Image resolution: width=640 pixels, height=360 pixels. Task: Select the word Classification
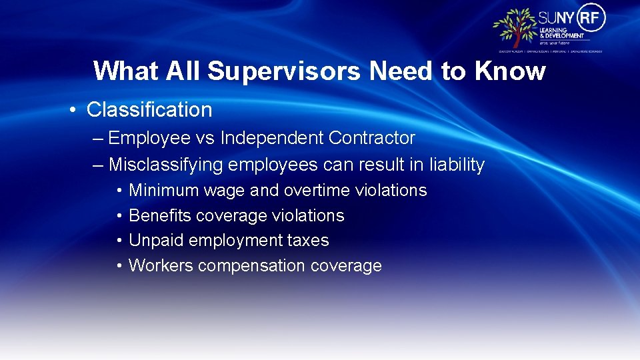149,110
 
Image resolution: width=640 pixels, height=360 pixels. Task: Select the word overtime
319,191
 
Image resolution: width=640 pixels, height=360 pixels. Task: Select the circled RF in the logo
591,17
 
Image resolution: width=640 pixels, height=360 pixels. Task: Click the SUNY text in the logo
555,18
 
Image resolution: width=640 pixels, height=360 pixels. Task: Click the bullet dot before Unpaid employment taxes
118,241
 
